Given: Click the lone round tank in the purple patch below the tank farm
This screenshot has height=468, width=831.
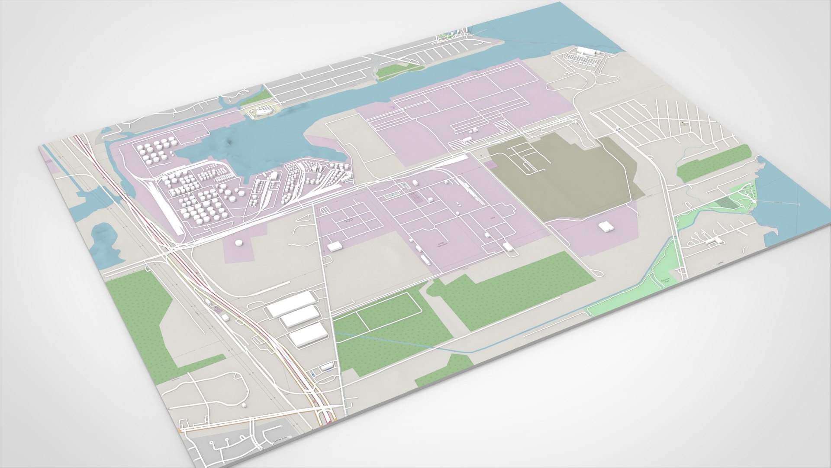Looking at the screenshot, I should tap(238, 243).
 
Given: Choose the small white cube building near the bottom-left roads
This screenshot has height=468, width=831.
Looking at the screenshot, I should tap(244, 406).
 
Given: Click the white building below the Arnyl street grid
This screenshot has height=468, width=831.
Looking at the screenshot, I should tap(335, 246).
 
